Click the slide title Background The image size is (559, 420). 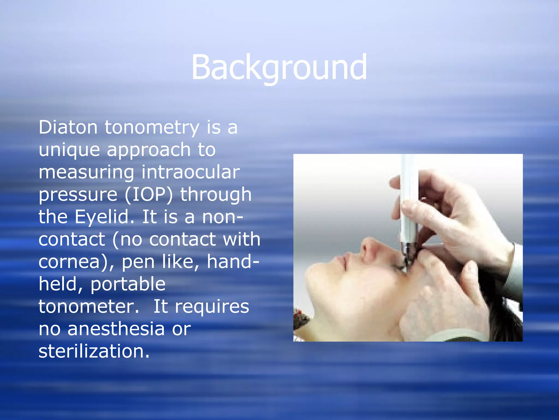pos(279,68)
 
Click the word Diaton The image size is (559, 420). pos(68,127)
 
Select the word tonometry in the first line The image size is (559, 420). pos(152,128)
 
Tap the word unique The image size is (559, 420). pos(69,150)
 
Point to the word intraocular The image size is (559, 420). pos(190,172)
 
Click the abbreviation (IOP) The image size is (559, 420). pos(149,195)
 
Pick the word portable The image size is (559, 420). pos(128,284)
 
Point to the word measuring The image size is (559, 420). pos(86,173)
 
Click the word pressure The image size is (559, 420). pos(78,195)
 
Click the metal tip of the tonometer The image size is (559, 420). pos(407,253)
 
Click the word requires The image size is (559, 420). pos(212,307)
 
